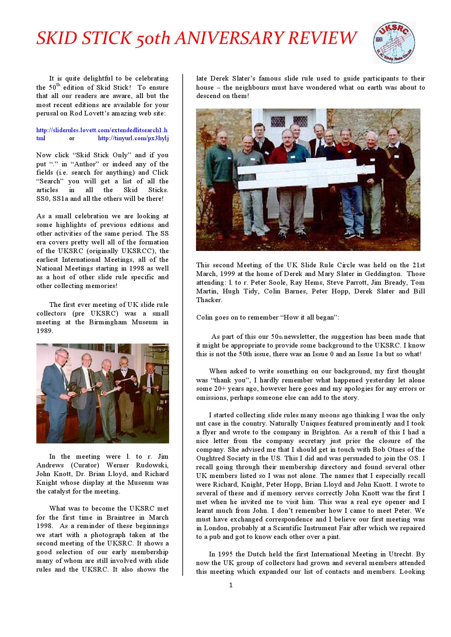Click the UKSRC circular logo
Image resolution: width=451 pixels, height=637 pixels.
click(x=394, y=42)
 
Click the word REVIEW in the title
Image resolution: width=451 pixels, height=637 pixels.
click(x=322, y=38)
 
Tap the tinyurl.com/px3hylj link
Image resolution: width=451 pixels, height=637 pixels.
click(x=133, y=138)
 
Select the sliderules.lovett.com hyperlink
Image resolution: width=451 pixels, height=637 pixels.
click(x=102, y=130)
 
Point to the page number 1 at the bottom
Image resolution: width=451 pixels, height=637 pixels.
click(x=231, y=585)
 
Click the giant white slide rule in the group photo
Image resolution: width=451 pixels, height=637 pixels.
click(x=306, y=174)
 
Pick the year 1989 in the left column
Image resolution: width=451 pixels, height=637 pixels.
click(x=44, y=331)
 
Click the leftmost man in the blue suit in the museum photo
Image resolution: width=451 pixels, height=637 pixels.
click(x=55, y=392)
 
